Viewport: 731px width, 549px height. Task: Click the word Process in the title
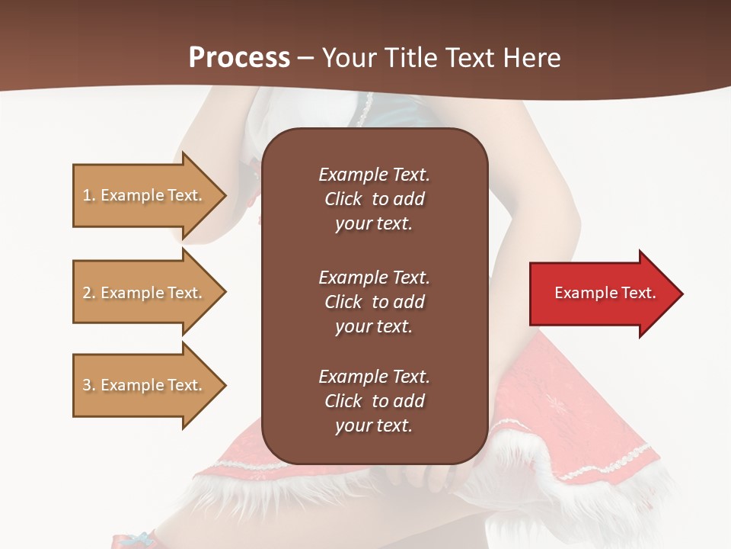tap(239, 58)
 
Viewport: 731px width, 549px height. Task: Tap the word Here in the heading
tap(530, 58)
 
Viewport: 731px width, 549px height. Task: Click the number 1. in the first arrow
tap(89, 195)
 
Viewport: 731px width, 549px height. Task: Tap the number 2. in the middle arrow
tap(89, 293)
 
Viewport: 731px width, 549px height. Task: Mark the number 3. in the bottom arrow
tap(89, 385)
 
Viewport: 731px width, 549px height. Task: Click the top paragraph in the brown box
tap(374, 199)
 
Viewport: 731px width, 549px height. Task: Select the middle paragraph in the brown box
tap(374, 302)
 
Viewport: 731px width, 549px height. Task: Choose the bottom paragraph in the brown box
tap(374, 401)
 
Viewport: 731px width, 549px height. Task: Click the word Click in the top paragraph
tap(343, 199)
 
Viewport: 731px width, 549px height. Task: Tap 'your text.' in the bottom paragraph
tap(374, 425)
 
